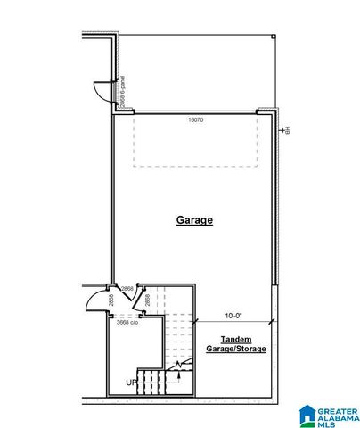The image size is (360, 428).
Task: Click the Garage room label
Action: pos(194,219)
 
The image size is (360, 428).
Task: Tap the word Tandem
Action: pos(236,340)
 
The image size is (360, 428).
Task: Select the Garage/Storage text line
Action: pos(236,350)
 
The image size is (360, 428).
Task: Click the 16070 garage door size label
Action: pos(195,119)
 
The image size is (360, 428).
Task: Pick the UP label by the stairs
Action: pos(131,383)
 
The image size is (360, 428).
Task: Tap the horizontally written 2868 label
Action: pos(127,289)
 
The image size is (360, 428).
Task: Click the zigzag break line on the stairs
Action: pos(182,366)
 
